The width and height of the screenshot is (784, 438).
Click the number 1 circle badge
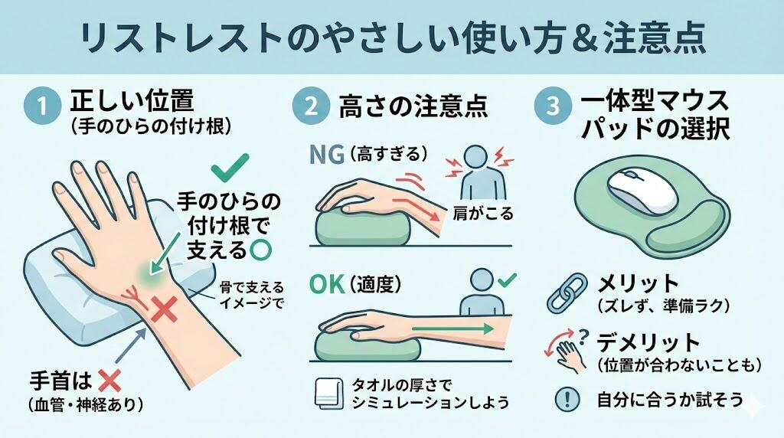43,106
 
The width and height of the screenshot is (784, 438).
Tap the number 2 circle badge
311,106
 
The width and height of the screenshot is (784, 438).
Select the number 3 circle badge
553,106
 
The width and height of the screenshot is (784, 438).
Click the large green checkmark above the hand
230,168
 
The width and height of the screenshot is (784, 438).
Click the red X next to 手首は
109,381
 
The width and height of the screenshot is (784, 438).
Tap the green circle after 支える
260,250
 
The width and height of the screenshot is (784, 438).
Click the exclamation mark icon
567,399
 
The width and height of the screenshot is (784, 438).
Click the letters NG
327,155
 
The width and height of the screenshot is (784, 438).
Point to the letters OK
327,285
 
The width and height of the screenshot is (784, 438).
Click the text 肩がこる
482,214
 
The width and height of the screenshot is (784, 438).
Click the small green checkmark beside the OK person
507,279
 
